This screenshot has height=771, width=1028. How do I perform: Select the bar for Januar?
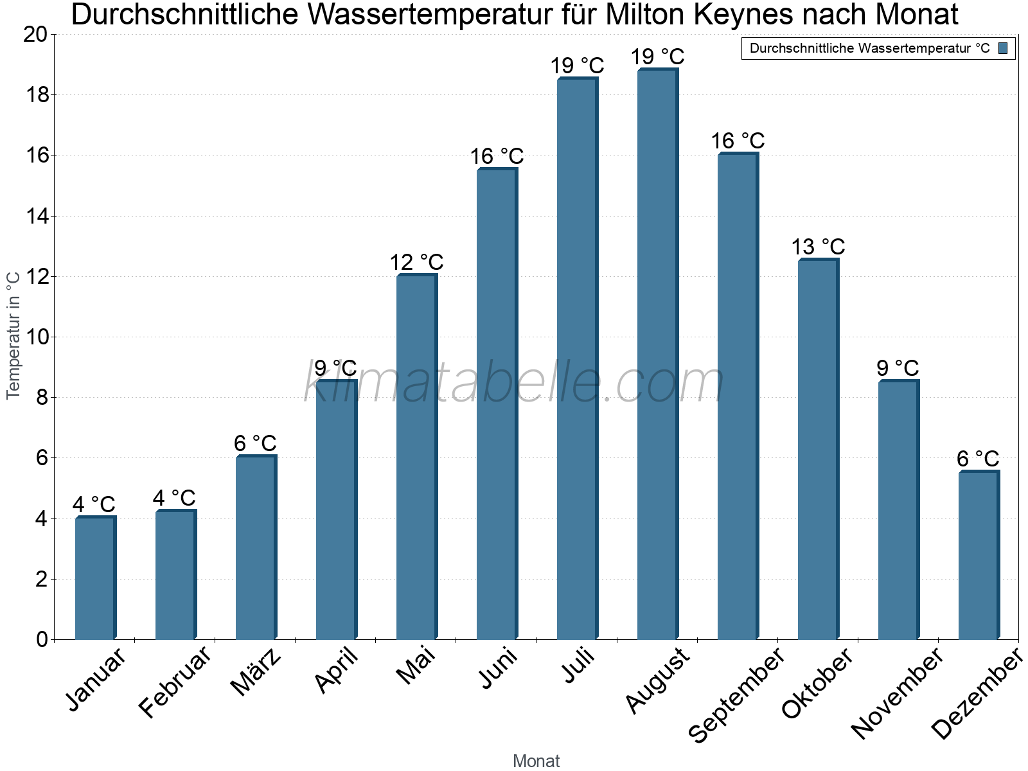[x=95, y=578]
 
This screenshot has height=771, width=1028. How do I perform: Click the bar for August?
[x=657, y=353]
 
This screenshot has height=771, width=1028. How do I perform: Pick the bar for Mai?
[x=416, y=456]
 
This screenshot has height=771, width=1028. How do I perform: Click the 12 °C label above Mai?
[x=416, y=262]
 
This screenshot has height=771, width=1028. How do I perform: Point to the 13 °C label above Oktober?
[x=818, y=247]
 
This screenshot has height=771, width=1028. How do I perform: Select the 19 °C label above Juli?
[x=577, y=66]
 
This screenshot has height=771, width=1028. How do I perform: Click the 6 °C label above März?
[x=255, y=443]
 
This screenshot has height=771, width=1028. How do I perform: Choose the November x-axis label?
[x=898, y=693]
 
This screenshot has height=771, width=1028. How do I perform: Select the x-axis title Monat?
[x=536, y=761]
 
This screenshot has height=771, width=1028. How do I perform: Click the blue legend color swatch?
[x=1003, y=48]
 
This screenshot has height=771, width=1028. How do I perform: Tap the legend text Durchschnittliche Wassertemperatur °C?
[x=869, y=48]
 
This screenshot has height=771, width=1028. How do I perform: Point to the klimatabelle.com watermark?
[x=514, y=382]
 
